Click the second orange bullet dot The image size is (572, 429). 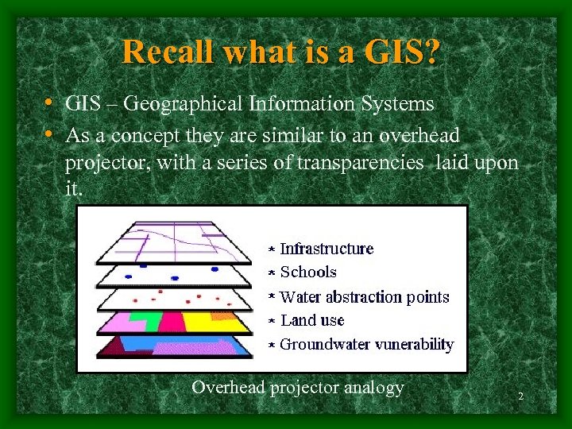point(49,136)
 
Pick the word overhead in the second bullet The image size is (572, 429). point(419,136)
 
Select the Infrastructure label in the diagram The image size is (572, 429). point(326,249)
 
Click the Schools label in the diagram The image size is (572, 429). point(308,272)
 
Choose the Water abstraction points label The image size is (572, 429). point(365,297)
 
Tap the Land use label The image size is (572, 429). point(312,321)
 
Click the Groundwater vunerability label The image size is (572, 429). point(366,345)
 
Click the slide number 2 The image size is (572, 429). point(520,396)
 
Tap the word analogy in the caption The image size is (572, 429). point(373,388)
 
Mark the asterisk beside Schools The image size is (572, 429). point(271,273)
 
